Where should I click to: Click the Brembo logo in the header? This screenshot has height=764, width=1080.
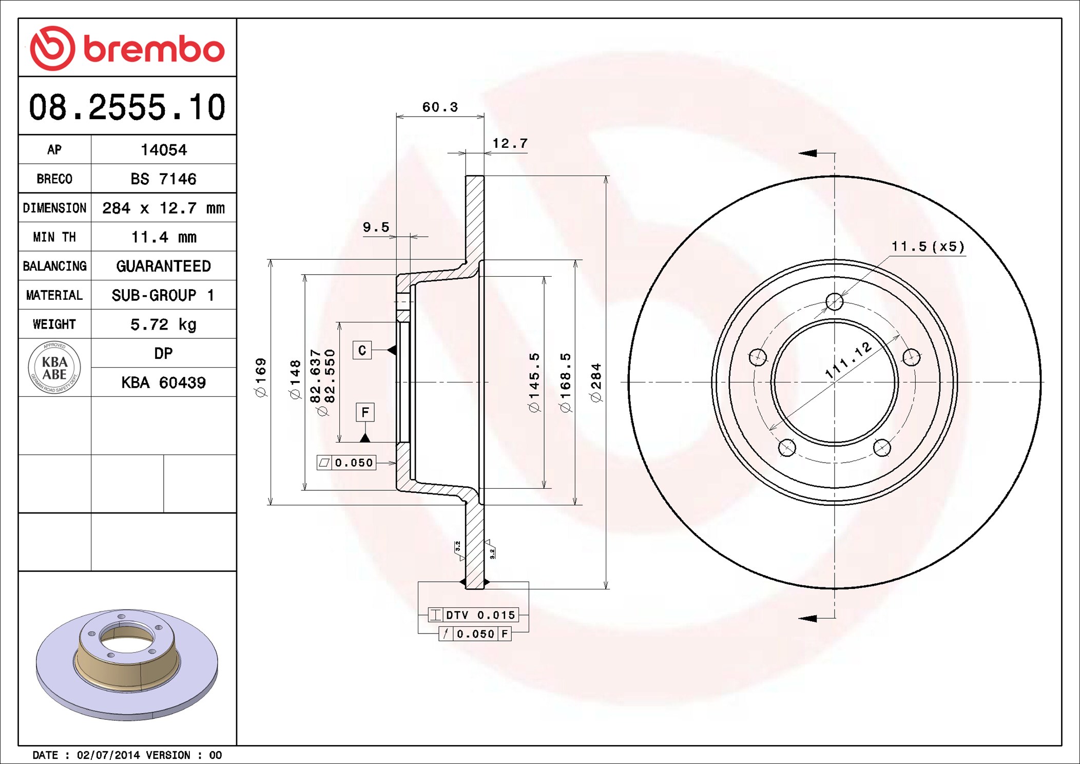[x=127, y=48]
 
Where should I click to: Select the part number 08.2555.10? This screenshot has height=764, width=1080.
[x=127, y=107]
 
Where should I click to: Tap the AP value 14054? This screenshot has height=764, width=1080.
[x=164, y=150]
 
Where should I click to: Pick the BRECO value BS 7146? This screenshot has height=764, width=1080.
[x=163, y=179]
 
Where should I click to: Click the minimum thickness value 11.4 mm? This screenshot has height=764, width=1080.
[x=164, y=237]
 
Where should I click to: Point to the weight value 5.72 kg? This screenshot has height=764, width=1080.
[x=164, y=324]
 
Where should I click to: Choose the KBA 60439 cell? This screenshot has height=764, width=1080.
[x=164, y=383]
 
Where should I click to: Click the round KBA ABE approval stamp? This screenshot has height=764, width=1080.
[x=54, y=368]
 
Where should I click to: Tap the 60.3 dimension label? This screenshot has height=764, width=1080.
[x=440, y=107]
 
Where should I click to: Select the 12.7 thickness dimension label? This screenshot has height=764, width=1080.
[x=510, y=143]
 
